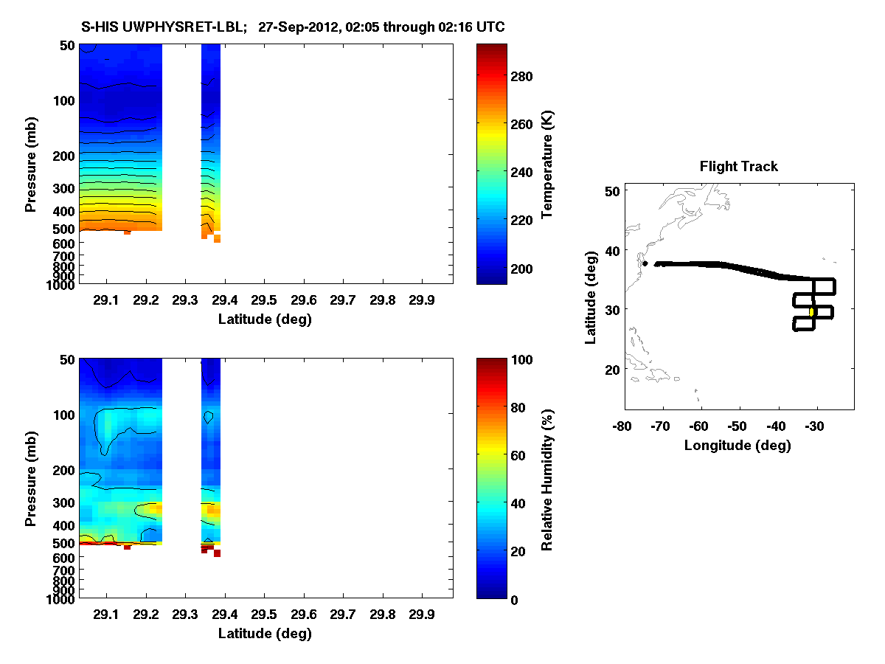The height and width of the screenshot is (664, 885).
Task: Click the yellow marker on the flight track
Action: tap(811, 312)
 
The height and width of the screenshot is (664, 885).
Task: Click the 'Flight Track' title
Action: tap(738, 167)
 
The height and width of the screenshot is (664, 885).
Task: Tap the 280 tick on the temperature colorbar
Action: tap(527, 77)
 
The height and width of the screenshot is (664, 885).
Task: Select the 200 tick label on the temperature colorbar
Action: tap(527, 268)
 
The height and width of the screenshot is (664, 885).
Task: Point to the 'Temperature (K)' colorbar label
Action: tap(547, 165)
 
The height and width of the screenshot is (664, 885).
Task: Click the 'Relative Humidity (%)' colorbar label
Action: tap(547, 479)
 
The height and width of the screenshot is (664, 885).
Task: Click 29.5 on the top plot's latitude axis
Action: tap(264, 301)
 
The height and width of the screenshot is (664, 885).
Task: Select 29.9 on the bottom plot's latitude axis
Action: tap(421, 615)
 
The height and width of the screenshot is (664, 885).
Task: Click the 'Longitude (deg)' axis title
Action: tap(737, 445)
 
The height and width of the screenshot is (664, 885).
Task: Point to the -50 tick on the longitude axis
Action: tap(737, 426)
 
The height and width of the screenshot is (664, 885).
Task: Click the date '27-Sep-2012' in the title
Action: tap(299, 27)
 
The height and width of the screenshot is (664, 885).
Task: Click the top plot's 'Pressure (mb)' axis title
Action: tap(31, 164)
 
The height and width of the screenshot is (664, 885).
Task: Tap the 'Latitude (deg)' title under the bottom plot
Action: tap(265, 633)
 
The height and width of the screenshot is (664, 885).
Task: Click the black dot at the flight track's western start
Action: tap(645, 263)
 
